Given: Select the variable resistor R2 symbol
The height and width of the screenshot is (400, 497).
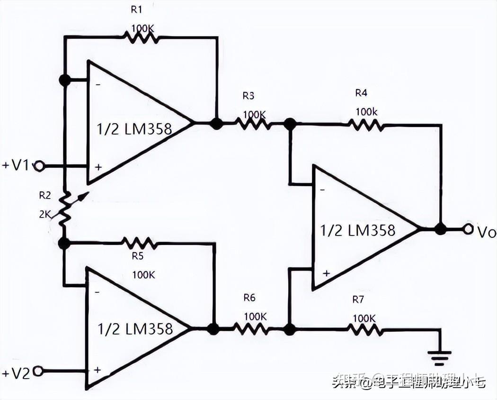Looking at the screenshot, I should (65, 209).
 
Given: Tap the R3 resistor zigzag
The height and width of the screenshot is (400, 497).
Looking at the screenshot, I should (253, 124).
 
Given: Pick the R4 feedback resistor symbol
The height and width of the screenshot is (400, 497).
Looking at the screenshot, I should (365, 125).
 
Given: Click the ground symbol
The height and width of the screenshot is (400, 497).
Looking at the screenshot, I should (440, 355).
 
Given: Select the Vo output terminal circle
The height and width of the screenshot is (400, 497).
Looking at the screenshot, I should (468, 229).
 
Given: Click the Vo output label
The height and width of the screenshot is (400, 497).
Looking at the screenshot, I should (486, 232).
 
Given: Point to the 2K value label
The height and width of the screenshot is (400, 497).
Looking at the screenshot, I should (45, 214).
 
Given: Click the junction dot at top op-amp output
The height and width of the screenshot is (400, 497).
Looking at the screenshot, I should (216, 124).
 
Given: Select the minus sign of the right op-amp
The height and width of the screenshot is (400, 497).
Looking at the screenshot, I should (322, 189).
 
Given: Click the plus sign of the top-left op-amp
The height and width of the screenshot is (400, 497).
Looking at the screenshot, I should (98, 167).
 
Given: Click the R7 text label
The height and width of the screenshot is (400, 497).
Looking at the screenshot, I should (359, 300).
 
